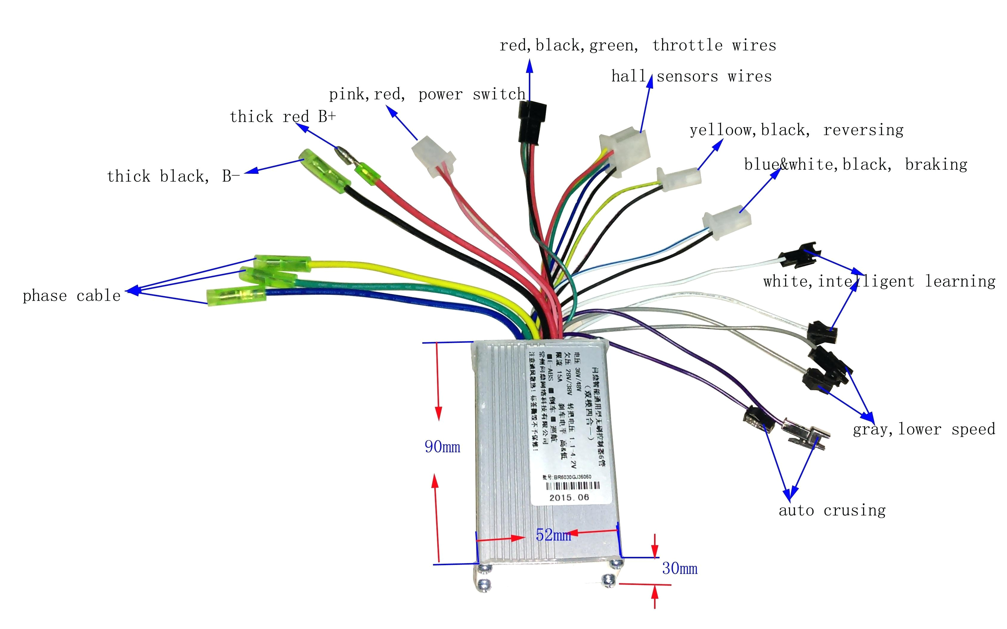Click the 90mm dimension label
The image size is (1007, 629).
click(442, 447)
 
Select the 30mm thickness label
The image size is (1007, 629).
click(680, 568)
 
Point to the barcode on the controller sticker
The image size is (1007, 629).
click(572, 486)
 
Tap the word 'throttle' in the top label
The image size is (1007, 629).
click(687, 45)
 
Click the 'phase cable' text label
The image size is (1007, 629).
click(72, 296)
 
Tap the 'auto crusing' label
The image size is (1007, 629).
click(832, 510)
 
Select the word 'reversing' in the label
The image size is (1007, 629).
click(863, 130)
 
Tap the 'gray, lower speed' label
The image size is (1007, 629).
click(924, 429)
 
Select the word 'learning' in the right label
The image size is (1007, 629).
click(960, 282)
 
